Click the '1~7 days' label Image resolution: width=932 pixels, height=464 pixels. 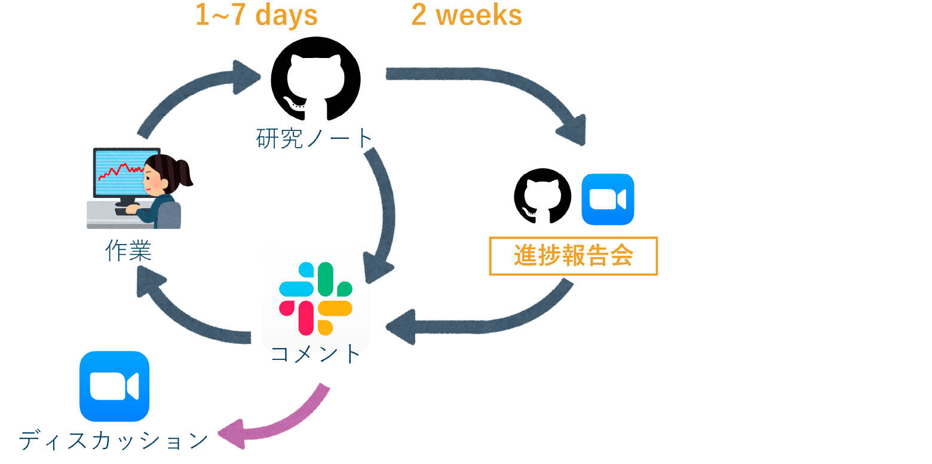[x=256, y=15]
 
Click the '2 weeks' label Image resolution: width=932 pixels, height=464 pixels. [x=467, y=15]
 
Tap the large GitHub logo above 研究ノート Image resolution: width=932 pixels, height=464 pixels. [x=316, y=79]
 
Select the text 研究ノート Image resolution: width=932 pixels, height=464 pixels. [x=314, y=138]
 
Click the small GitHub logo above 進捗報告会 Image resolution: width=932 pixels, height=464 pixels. [x=542, y=196]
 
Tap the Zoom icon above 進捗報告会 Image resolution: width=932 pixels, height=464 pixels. [x=608, y=199]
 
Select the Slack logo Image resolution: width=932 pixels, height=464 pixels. [x=316, y=298]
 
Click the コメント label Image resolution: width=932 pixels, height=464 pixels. [x=315, y=355]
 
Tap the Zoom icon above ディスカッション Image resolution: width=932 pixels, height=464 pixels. [x=115, y=386]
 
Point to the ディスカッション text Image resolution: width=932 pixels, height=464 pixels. [x=113, y=441]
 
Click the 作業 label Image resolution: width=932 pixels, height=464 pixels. [x=128, y=251]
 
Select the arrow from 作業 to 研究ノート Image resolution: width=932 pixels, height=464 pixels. [x=183, y=91]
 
